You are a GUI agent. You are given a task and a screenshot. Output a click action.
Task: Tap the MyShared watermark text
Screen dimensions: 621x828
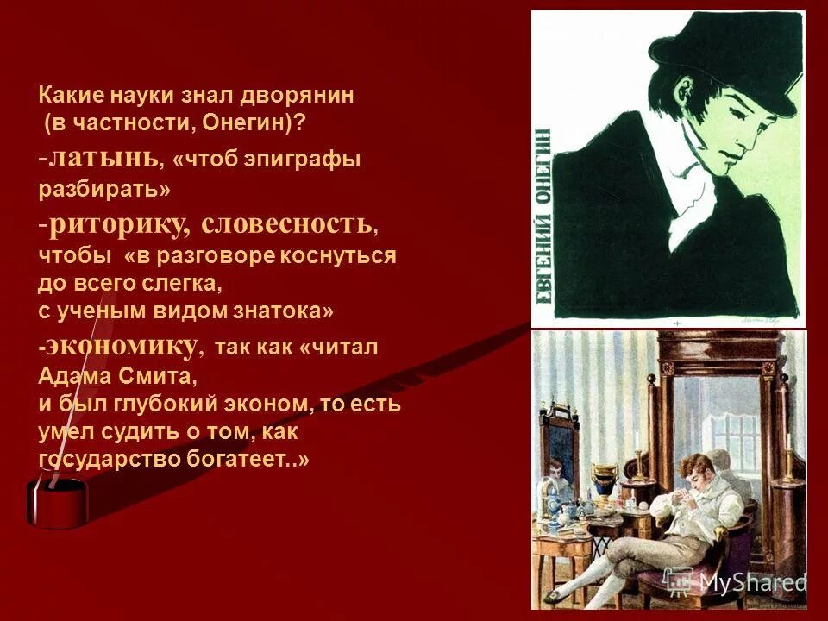coord(750,582)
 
